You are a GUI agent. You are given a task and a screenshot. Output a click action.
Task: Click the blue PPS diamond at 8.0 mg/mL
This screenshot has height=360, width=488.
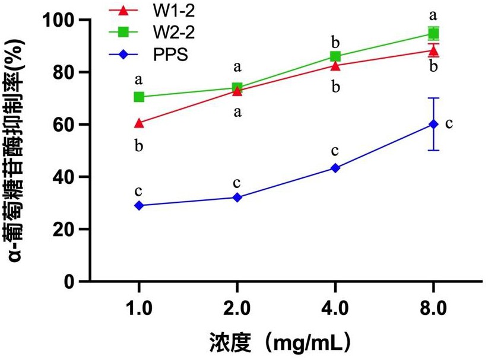point(433,124)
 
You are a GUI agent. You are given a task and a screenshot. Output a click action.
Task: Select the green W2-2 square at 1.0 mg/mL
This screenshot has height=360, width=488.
point(139,97)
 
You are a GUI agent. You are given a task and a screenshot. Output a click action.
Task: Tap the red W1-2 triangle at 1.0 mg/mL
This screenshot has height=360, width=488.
point(139,123)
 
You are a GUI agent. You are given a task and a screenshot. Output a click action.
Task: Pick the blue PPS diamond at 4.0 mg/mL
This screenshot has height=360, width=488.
point(335,168)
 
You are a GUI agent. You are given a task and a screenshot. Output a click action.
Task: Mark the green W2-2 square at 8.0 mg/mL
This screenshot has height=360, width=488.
point(433,33)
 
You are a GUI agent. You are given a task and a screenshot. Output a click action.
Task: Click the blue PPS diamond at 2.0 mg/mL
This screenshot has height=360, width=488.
point(237,197)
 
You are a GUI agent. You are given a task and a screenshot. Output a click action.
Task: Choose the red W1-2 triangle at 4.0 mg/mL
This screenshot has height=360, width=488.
point(335,65)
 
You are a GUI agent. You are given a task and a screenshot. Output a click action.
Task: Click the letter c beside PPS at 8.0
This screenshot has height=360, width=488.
point(449,123)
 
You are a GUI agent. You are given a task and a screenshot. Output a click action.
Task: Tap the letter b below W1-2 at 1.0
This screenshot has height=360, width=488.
point(139,146)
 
